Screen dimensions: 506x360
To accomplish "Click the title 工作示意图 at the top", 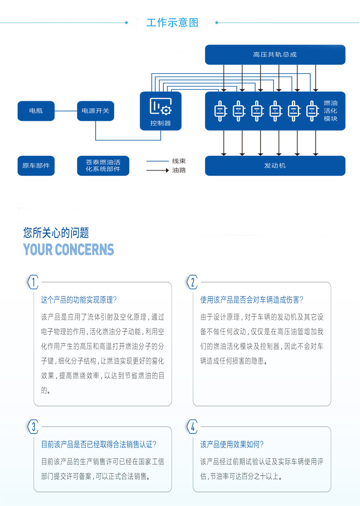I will click(x=172, y=23).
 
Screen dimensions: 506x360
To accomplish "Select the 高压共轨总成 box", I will click(x=275, y=55).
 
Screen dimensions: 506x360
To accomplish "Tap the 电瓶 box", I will click(x=36, y=111).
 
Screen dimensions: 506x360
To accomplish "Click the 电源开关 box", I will click(x=95, y=111).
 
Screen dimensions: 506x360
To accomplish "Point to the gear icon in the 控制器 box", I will click(x=166, y=110).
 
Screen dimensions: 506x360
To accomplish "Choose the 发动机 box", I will click(x=275, y=166).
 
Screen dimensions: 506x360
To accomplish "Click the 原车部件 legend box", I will click(x=36, y=166).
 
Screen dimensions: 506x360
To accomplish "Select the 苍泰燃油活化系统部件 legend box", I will click(x=103, y=166).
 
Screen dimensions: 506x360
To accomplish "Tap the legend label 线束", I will click(x=179, y=161).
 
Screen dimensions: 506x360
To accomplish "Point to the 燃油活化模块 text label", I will click(x=330, y=111).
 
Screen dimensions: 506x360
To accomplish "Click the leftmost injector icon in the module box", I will click(x=221, y=111).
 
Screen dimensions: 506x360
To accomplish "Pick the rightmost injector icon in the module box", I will click(x=313, y=111).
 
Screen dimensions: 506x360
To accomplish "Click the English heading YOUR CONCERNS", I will click(x=69, y=249).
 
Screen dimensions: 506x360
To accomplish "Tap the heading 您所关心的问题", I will click(x=56, y=233).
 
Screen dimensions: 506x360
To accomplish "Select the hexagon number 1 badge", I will click(x=33, y=282).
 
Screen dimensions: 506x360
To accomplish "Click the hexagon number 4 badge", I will click(x=193, y=427).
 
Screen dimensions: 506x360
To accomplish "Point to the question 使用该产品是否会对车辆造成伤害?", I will click(x=252, y=300).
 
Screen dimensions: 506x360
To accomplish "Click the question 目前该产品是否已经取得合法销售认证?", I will click(x=99, y=445).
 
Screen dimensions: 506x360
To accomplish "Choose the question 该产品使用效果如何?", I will click(x=232, y=445).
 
